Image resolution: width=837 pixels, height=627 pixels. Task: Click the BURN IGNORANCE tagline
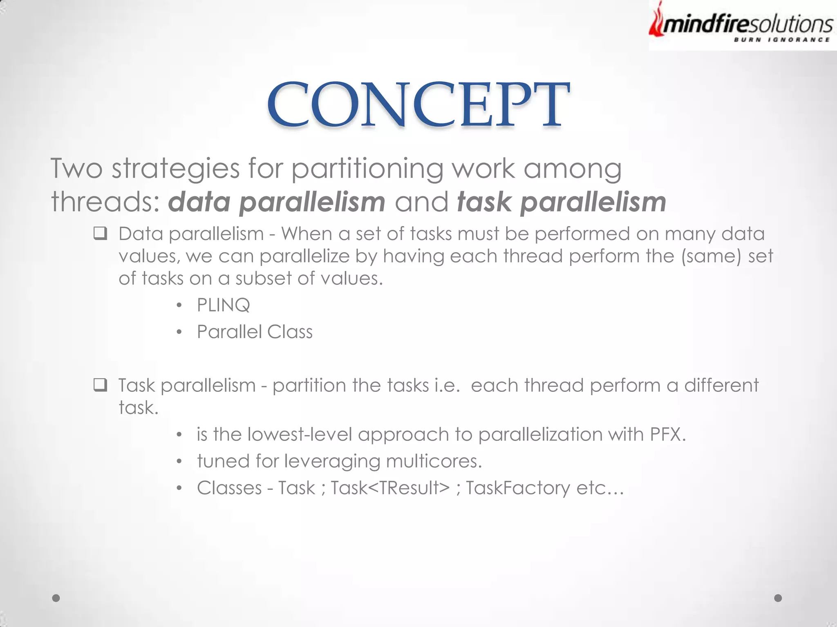781,40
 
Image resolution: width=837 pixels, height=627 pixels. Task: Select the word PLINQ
223,305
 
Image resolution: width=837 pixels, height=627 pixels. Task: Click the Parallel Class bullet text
255,332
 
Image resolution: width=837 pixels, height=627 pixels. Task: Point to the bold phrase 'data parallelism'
277,202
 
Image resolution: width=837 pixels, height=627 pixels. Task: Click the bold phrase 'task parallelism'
562,202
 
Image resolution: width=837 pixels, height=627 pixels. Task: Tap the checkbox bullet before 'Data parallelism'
100,234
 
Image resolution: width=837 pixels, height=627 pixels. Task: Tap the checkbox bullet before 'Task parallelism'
100,385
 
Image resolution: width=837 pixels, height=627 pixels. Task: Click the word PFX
667,434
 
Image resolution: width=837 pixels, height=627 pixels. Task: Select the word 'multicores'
434,461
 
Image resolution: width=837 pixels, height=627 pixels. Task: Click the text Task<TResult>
390,488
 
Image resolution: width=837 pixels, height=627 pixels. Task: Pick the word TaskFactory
518,488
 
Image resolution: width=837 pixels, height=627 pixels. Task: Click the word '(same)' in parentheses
711,256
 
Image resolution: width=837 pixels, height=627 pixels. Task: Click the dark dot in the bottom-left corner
56,598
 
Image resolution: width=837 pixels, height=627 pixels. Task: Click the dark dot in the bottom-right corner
778,598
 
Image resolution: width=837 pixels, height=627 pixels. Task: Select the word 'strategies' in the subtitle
176,169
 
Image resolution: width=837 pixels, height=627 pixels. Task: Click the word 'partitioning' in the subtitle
367,169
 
